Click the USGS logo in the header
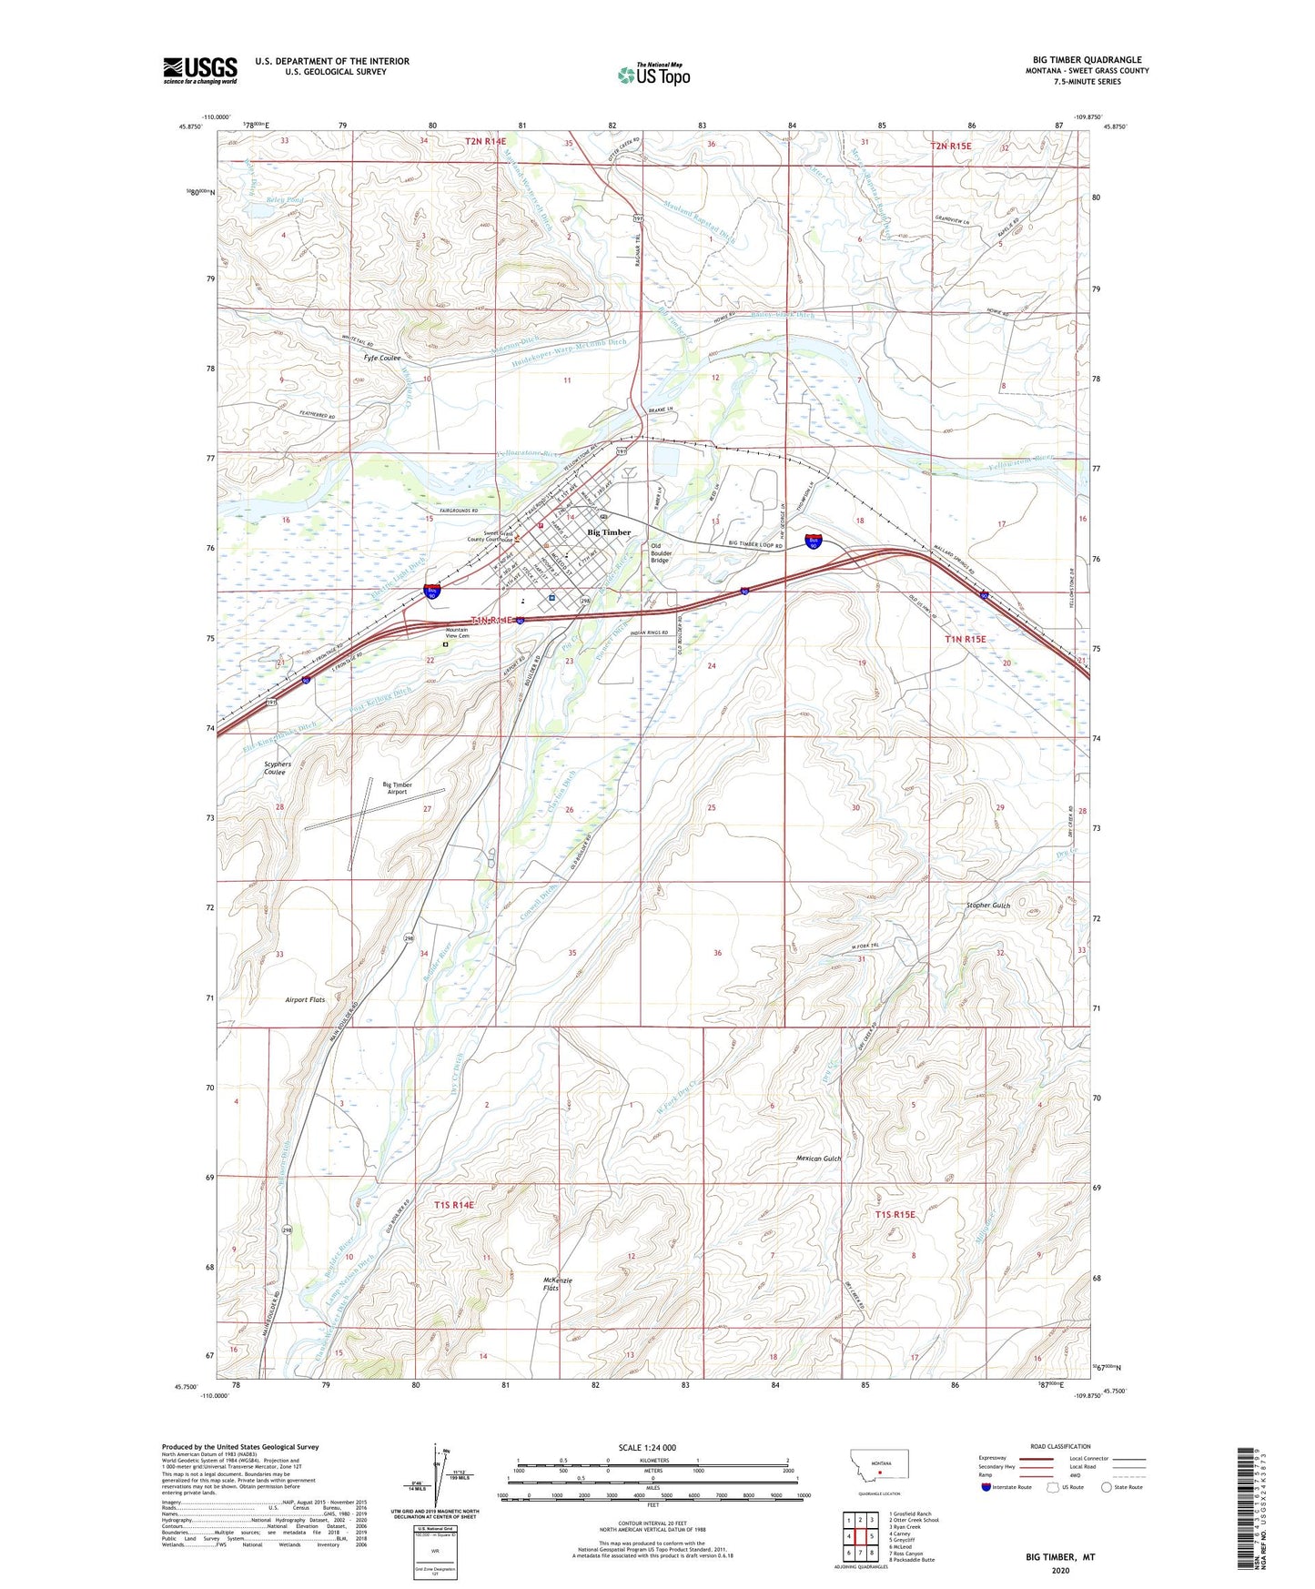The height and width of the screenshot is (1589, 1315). pos(200,70)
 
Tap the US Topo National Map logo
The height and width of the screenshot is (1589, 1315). pos(653,75)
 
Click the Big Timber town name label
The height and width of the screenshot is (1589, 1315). pos(609,532)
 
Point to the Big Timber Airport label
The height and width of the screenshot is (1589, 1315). pos(397,788)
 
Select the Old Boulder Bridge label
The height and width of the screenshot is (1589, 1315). pos(661,553)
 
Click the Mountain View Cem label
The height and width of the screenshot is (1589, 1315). pos(457,633)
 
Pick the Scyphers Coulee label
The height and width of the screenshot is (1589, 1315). pos(277,768)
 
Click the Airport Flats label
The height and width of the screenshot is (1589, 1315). pos(305,999)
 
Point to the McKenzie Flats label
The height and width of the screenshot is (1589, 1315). pos(558,1284)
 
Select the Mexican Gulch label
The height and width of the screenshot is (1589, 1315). pos(818,1159)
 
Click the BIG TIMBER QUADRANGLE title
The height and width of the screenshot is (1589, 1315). pos(1087,59)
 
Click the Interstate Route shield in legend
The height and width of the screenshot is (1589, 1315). pos(986,1488)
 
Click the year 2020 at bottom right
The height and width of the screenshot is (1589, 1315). pos(1060,1570)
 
